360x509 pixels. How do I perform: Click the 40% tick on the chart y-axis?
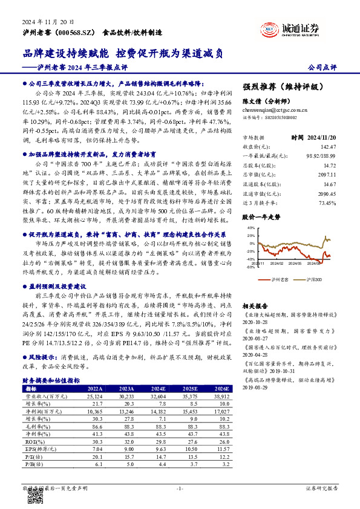tap(250, 228)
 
